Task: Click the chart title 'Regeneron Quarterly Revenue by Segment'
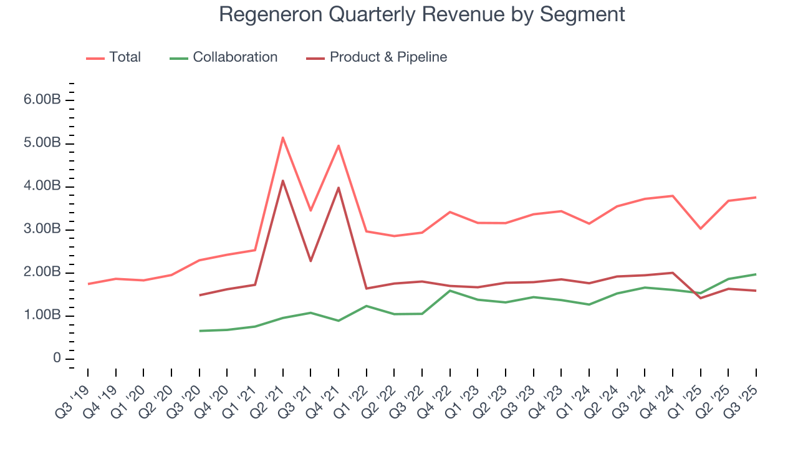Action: coord(421,14)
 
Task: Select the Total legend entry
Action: coord(113,57)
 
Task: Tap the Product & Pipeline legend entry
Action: coord(377,57)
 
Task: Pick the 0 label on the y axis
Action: coord(57,359)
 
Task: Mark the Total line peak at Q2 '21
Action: coord(283,137)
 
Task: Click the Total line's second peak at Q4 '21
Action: coord(339,145)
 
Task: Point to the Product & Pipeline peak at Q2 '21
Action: coord(283,181)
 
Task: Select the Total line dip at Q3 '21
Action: coord(310,211)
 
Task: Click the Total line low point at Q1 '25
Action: coord(701,228)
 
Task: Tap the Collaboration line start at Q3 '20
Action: coord(199,331)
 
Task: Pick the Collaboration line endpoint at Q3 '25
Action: coord(756,274)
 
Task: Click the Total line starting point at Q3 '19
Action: coord(88,284)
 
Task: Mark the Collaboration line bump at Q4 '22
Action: coord(450,291)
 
